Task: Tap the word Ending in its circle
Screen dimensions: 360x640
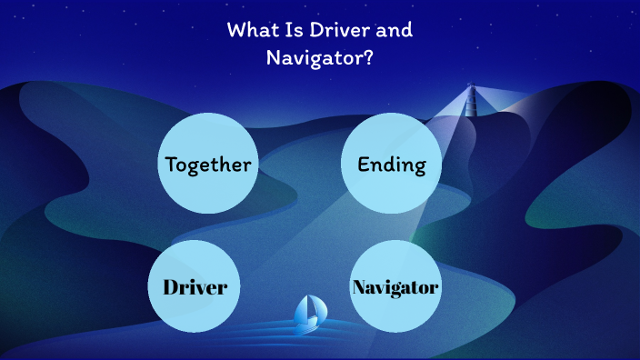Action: [392, 164]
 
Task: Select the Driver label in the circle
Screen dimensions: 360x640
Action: [194, 287]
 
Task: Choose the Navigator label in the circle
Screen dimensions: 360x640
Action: [395, 287]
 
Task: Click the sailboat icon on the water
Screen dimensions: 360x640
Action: [309, 314]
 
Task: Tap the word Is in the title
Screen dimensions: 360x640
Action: [293, 30]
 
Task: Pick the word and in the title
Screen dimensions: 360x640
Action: [394, 30]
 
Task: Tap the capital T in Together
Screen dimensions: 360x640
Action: [170, 165]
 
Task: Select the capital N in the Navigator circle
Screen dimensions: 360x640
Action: [359, 287]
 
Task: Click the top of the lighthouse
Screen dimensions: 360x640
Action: [471, 87]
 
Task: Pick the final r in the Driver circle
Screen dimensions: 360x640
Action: [221, 289]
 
